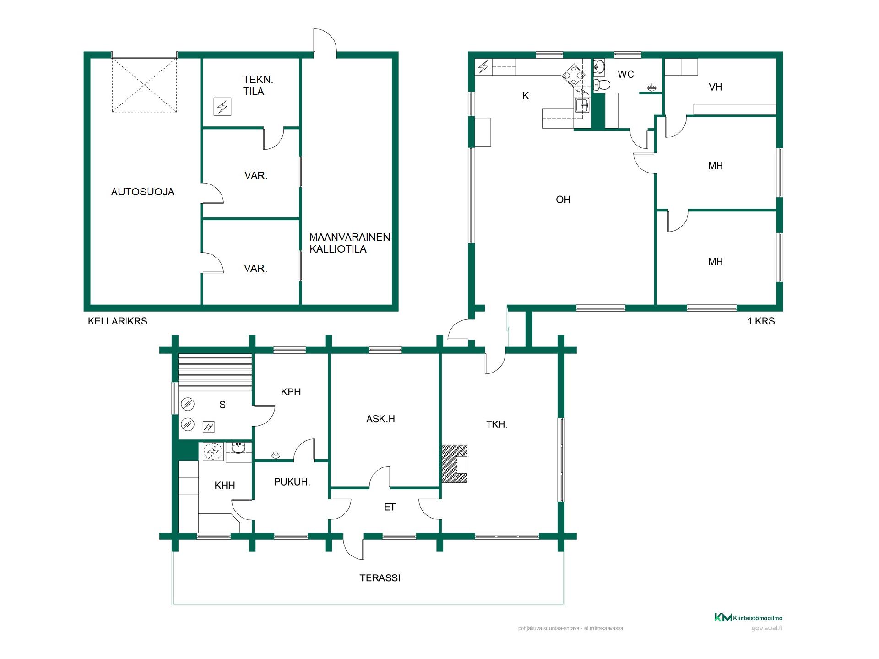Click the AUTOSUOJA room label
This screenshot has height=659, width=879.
coord(143,192)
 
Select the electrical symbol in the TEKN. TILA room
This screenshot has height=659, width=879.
coord(222,107)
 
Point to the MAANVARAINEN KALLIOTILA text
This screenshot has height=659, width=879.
coord(350,243)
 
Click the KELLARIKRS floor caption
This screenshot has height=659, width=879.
coord(118,321)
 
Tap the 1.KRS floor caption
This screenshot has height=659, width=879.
coord(761,321)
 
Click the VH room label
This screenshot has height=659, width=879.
coord(715,87)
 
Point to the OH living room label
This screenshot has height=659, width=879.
coord(563,200)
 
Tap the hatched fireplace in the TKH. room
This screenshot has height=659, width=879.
coord(455,464)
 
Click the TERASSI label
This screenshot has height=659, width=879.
coord(380,578)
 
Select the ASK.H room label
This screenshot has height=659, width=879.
coord(380,419)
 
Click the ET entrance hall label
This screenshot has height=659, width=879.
coord(390,507)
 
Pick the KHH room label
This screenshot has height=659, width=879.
coord(225,486)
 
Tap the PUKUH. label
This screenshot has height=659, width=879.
coord(292,482)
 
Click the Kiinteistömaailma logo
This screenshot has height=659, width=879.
coord(748,617)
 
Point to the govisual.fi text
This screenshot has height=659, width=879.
coord(767,628)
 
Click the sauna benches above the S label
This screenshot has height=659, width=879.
coord(215,373)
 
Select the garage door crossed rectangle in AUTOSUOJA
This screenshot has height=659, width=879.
coord(144,85)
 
